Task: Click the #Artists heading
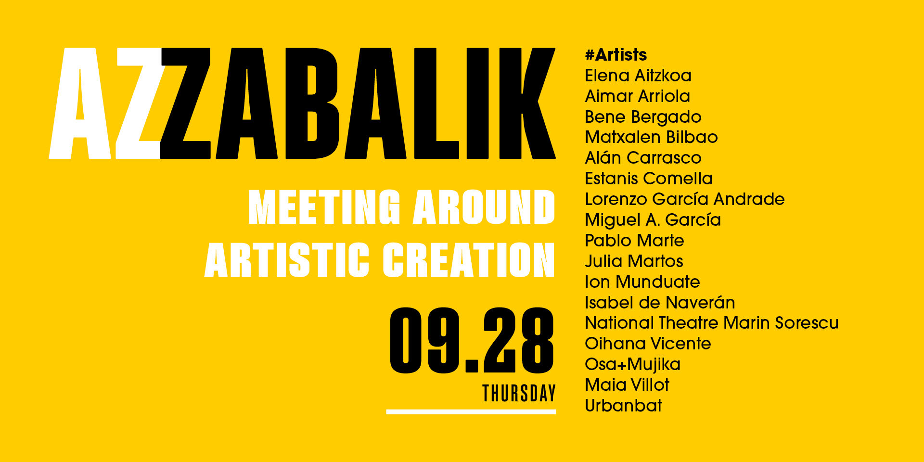(x=616, y=55)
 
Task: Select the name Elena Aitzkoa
(x=638, y=76)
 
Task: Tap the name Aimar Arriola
(x=637, y=96)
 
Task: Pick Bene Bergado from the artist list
(x=643, y=117)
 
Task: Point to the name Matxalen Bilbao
(x=651, y=137)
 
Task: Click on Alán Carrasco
(x=643, y=158)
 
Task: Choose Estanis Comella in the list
(x=648, y=179)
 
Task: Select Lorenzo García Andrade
(x=684, y=199)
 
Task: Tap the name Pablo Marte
(x=634, y=241)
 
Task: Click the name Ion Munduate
(x=642, y=282)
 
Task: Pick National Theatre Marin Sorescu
(x=711, y=323)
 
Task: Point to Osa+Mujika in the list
(x=632, y=365)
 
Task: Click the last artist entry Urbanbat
(x=623, y=406)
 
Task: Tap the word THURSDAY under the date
(x=519, y=393)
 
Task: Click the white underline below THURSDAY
(x=471, y=411)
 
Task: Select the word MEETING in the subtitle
(x=324, y=207)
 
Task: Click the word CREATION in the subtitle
(x=469, y=260)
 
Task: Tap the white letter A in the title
(x=80, y=103)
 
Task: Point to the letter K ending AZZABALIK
(x=527, y=103)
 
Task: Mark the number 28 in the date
(x=519, y=340)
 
